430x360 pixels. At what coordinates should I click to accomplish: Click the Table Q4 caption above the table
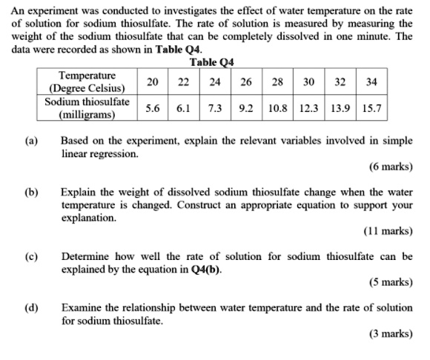[212, 62]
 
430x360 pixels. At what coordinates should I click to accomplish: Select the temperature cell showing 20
[152, 81]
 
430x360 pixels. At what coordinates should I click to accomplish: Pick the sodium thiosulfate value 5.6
[152, 107]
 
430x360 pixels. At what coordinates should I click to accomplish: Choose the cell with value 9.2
[247, 107]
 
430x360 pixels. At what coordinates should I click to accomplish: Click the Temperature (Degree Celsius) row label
[87, 81]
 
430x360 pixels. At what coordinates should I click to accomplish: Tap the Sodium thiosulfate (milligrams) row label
[87, 107]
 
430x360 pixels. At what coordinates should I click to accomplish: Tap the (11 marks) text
[388, 231]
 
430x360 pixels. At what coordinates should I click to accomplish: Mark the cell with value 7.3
[216, 107]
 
